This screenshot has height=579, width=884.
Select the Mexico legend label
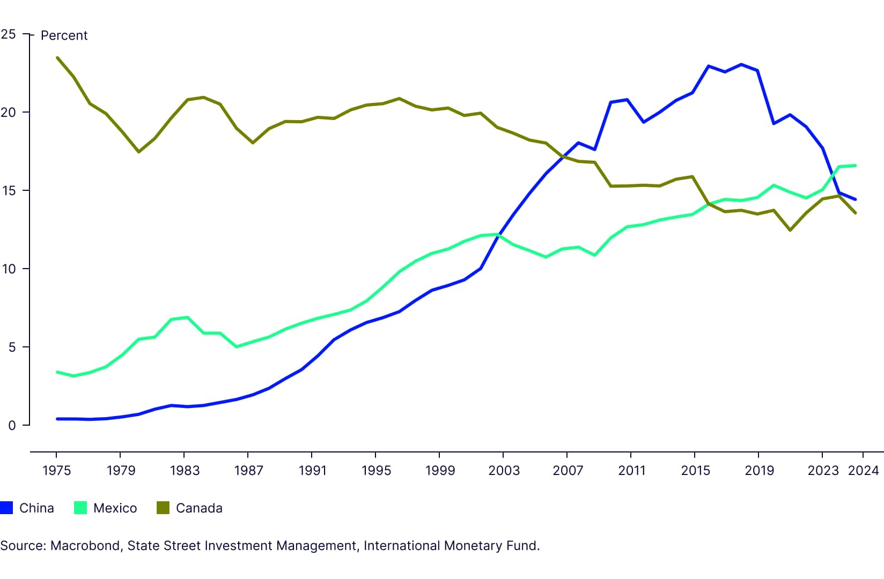(x=115, y=508)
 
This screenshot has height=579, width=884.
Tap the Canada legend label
(x=199, y=508)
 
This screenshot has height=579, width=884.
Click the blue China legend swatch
(x=6, y=508)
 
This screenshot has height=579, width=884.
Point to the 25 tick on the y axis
(x=9, y=34)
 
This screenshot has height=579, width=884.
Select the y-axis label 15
(x=9, y=191)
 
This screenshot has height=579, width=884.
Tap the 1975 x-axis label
(x=56, y=471)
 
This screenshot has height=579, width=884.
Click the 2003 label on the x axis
(x=504, y=471)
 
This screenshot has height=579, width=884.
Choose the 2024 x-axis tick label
(x=863, y=471)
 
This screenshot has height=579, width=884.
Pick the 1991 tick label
(x=312, y=471)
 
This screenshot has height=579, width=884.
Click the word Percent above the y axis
(x=64, y=35)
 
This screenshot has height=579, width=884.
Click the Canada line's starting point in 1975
(x=57, y=58)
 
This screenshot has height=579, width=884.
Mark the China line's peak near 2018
(x=741, y=64)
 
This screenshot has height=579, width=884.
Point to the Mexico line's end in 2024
(x=855, y=166)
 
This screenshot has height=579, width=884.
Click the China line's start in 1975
(x=57, y=419)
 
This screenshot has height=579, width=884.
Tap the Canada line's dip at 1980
(x=139, y=152)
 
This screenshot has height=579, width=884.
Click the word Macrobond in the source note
(x=85, y=546)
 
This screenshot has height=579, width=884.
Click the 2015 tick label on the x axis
(x=695, y=471)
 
